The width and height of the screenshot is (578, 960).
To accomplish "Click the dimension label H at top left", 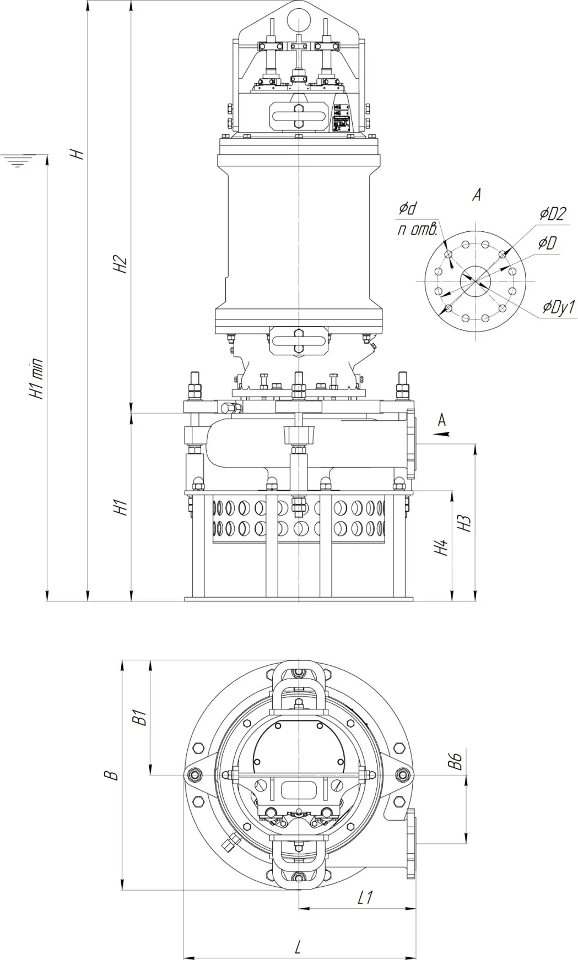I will click(80, 153).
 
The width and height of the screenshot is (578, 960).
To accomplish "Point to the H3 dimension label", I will click(466, 522).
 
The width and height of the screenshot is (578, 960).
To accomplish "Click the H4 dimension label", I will click(441, 547).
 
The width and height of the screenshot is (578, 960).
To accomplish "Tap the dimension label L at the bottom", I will click(298, 947).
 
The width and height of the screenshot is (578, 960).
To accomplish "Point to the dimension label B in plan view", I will click(112, 774).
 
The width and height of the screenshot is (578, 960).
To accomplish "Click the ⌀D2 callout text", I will click(553, 214).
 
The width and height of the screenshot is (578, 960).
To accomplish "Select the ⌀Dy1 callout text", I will click(558, 307).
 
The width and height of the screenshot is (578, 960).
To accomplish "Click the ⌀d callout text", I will click(408, 208).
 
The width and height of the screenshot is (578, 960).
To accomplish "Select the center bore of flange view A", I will click(475, 280).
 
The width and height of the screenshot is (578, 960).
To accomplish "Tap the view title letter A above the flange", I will click(477, 195).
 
